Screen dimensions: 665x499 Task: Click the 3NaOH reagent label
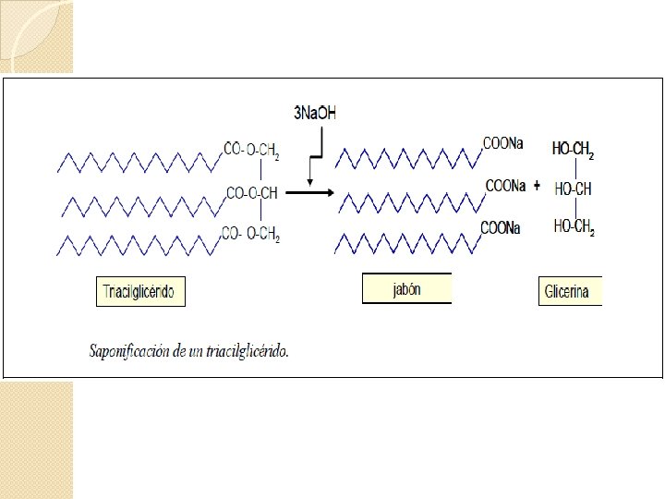pos(315,114)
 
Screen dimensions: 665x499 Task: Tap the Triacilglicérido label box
pos(140,292)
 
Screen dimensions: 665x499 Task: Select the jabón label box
pos(406,289)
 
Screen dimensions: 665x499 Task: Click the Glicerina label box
pos(570,292)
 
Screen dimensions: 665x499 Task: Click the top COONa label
pos(503,143)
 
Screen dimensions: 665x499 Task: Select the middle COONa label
pos(506,186)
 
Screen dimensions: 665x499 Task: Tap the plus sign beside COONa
pos(537,185)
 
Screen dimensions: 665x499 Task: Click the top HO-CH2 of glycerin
pos(573,150)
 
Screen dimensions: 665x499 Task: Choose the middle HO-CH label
pos(573,189)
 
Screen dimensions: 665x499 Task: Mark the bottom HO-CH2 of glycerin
pos(573,227)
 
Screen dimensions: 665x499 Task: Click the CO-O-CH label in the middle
pos(252,193)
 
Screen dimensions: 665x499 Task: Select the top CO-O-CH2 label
pos(251,150)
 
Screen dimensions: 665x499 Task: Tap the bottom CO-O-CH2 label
pos(250,235)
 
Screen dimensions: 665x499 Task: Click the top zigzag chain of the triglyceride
pos(139,163)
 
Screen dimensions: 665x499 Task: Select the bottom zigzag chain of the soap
pos(405,243)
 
